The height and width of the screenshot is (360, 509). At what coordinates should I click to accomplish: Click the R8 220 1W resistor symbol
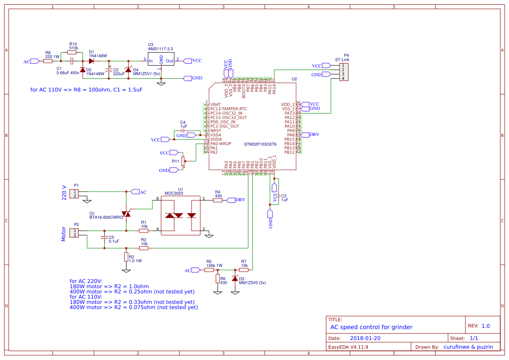click(48, 61)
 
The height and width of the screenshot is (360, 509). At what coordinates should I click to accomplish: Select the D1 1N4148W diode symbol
click(91, 61)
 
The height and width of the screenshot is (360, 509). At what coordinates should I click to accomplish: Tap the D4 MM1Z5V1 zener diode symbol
click(128, 70)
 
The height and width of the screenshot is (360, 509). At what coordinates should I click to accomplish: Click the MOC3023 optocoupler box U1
click(181, 216)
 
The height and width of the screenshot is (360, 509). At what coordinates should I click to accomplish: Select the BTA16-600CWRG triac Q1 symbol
click(126, 214)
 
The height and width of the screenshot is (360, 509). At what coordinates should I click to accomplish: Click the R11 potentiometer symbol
click(183, 161)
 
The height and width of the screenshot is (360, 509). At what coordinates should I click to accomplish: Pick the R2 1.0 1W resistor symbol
click(126, 257)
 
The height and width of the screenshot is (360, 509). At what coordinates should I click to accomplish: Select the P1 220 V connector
click(75, 194)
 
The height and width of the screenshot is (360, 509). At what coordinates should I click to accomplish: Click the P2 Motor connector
click(75, 233)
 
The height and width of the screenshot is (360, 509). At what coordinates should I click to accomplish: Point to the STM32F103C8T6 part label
click(260, 144)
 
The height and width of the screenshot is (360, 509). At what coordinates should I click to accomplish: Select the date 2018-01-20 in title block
click(365, 338)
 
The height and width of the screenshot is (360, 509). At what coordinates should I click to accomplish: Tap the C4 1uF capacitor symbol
click(183, 131)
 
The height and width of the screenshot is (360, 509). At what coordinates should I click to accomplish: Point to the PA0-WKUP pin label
click(221, 144)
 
